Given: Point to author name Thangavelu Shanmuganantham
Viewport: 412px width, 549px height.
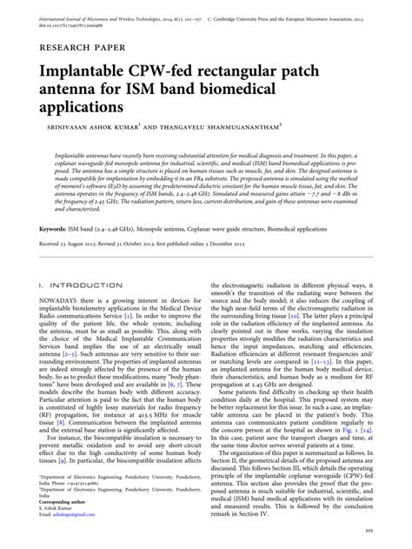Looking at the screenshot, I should tap(262, 124).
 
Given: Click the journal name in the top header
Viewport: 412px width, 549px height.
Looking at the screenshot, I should tap(104, 7).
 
